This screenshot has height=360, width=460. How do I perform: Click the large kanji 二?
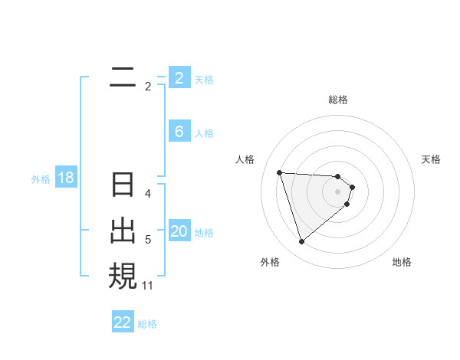click(x=123, y=77)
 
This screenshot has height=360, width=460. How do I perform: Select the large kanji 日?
click(x=123, y=186)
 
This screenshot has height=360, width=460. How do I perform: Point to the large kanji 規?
click(x=123, y=275)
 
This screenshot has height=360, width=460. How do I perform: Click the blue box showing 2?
click(x=179, y=77)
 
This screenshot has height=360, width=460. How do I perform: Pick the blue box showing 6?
click(x=179, y=132)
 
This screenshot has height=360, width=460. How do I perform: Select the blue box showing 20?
click(x=179, y=231)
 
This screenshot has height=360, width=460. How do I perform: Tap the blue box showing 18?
click(x=65, y=178)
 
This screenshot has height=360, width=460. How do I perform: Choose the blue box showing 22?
click(x=123, y=322)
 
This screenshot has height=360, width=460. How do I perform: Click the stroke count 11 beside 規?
click(x=148, y=286)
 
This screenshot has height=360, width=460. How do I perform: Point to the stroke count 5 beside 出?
click(x=148, y=241)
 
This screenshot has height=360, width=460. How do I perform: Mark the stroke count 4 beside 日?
click(x=148, y=194)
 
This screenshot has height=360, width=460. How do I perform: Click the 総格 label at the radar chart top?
click(x=338, y=100)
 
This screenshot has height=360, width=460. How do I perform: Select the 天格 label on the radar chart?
click(x=431, y=159)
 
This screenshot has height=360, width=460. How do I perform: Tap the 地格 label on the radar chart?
click(x=402, y=262)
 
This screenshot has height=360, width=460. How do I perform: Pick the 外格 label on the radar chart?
click(x=270, y=262)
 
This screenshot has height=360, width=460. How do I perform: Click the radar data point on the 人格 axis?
click(x=280, y=172)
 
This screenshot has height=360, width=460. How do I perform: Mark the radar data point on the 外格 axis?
click(x=301, y=242)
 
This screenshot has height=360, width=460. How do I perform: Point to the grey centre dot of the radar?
click(x=338, y=191)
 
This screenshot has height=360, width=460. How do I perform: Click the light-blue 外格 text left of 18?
click(x=41, y=179)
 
